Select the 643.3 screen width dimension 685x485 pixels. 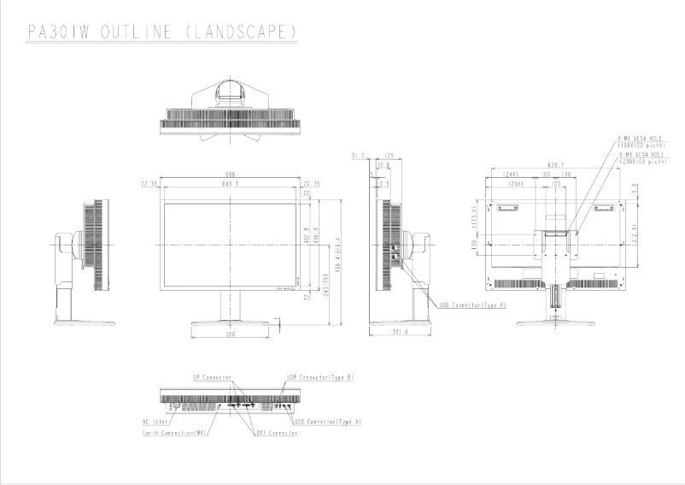[230, 184]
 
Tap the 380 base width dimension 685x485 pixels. [230, 334]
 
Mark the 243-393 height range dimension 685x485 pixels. [328, 289]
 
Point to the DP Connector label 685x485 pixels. [212, 376]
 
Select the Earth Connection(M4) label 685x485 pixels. [175, 433]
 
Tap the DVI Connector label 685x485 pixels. [276, 433]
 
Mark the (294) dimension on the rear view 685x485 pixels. [515, 184]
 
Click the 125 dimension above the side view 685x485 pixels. [389, 156]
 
